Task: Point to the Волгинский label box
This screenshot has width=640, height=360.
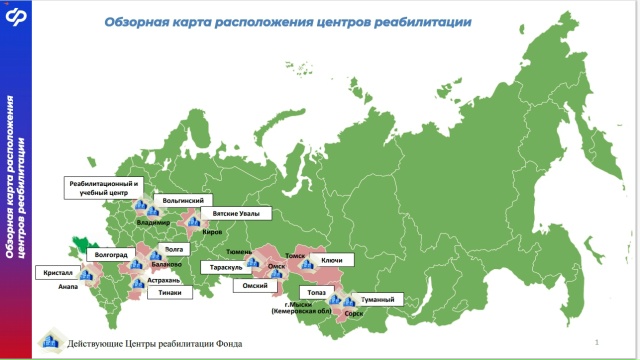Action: [183, 200]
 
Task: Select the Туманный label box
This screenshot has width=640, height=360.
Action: [377, 299]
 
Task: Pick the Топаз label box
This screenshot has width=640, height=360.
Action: [317, 291]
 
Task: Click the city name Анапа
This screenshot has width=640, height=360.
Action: [68, 286]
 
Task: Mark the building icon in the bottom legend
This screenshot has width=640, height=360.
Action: [49, 343]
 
